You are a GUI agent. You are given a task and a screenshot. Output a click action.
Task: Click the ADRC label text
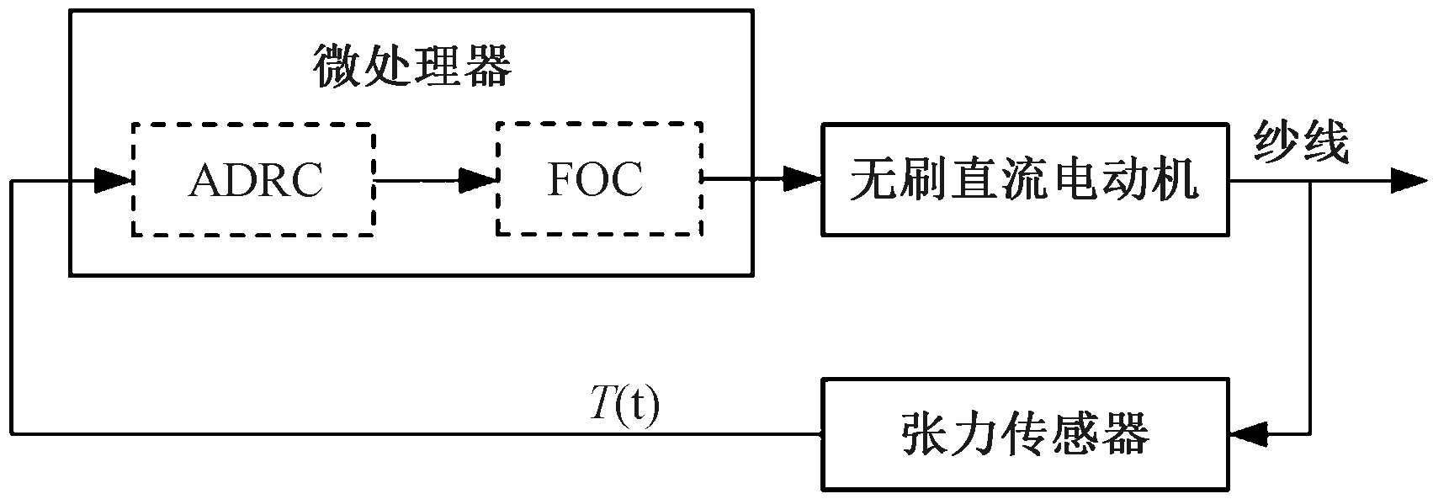coord(256,179)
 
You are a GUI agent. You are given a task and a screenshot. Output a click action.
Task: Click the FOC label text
coord(595,178)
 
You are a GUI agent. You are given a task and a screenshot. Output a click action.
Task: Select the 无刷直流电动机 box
coord(1024,179)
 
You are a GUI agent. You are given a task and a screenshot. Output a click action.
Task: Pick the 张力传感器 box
coord(1024,434)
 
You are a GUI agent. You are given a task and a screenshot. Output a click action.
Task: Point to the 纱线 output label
coord(1301,142)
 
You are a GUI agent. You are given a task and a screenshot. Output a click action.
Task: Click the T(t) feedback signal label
coord(624,406)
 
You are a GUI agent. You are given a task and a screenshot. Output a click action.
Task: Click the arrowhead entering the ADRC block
coord(113,179)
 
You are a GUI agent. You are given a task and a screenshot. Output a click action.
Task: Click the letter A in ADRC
coord(204,179)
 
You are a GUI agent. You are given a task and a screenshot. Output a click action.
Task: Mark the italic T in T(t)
coord(600,406)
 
